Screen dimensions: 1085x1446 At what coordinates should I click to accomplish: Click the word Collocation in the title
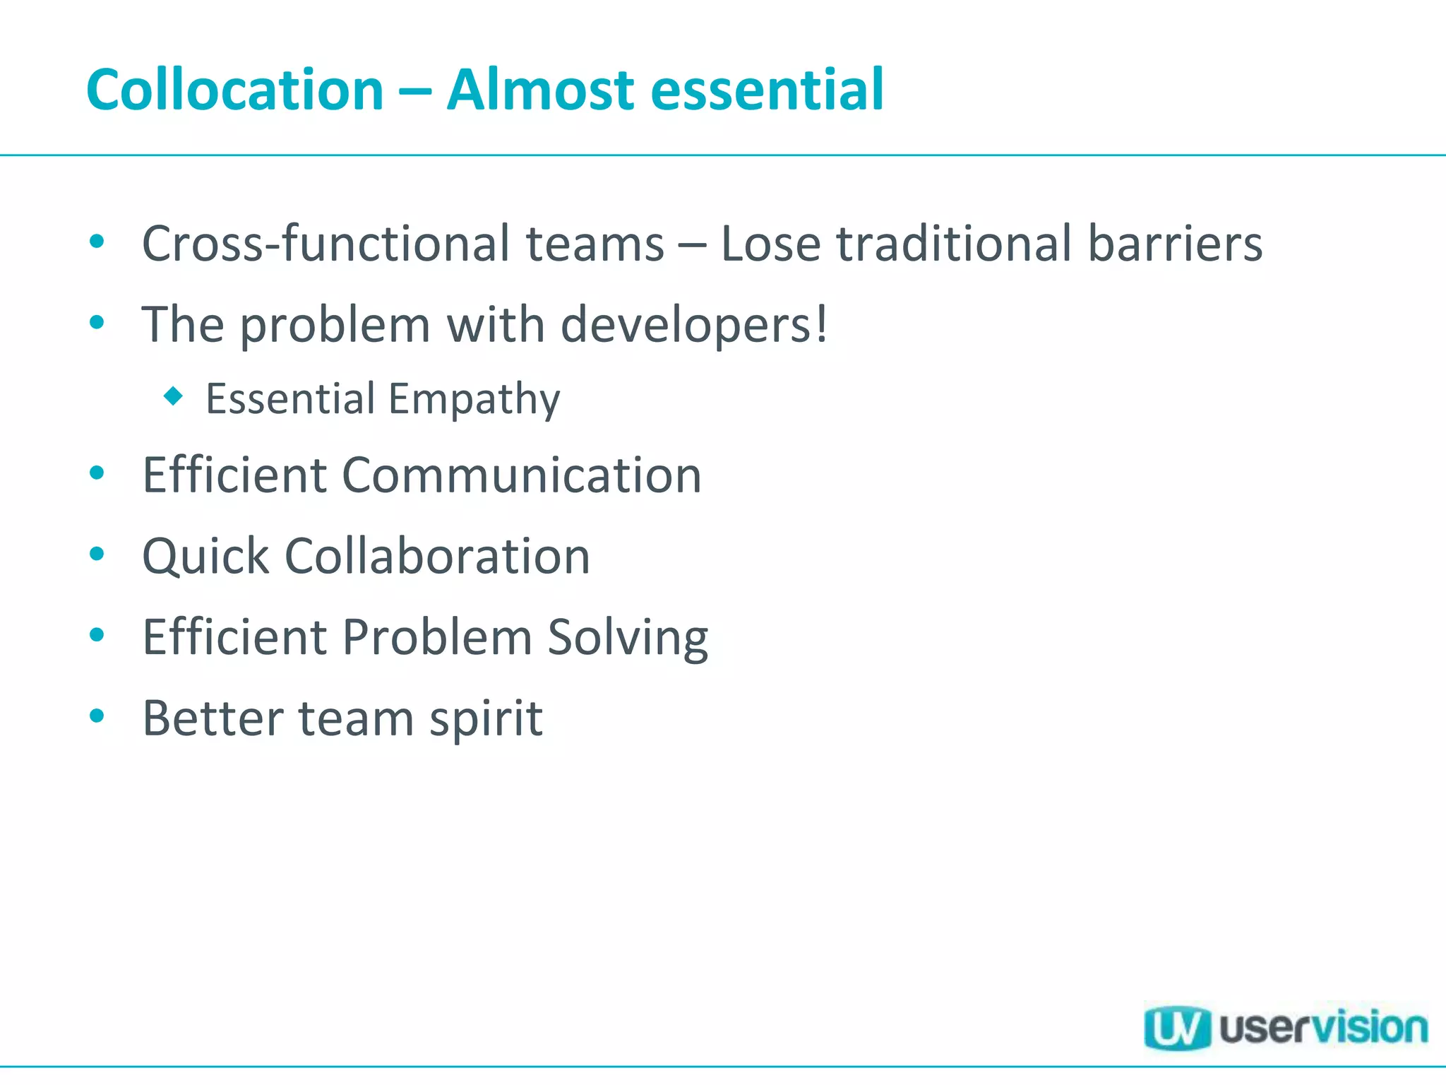click(234, 90)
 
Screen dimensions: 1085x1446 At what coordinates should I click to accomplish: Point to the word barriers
click(1174, 244)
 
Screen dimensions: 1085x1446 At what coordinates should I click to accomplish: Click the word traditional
click(954, 244)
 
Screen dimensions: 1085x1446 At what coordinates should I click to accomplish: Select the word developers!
click(694, 325)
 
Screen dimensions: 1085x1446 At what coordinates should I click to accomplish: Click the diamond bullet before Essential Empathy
click(173, 396)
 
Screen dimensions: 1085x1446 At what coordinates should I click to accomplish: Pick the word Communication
click(522, 475)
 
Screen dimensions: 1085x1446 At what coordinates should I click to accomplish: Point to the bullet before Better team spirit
click(97, 716)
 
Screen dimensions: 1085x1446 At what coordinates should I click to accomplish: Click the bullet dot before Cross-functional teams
click(97, 242)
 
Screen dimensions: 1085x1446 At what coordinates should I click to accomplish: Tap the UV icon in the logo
click(1176, 1028)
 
